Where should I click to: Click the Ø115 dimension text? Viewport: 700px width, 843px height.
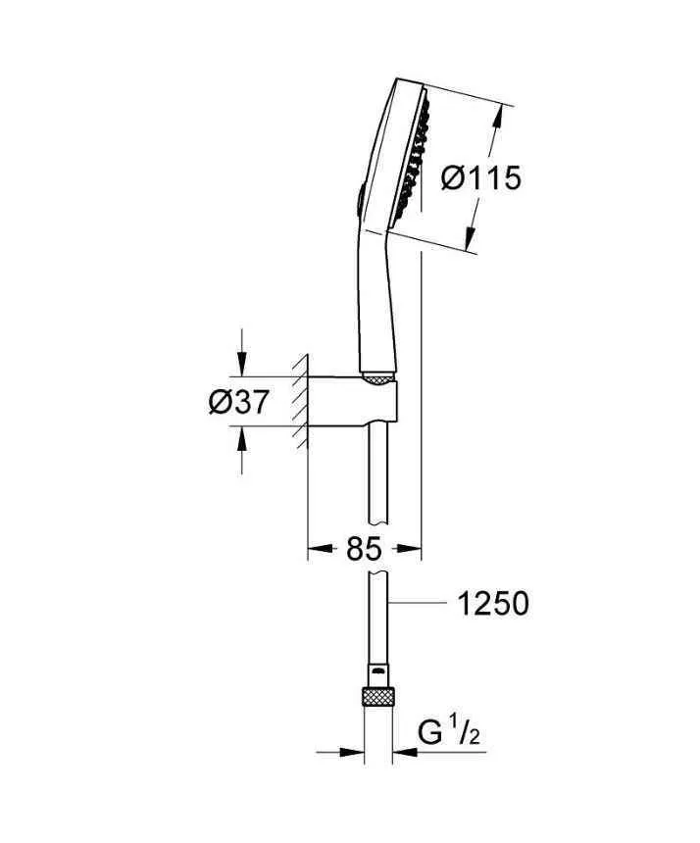pos(480,178)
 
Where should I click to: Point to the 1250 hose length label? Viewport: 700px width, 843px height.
pos(493,603)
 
